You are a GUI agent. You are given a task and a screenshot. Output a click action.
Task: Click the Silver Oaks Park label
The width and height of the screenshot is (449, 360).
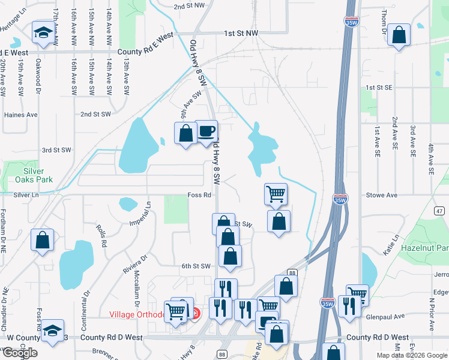tap(30, 175)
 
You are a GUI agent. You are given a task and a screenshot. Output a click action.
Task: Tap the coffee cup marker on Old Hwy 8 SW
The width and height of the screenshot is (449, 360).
tap(206, 131)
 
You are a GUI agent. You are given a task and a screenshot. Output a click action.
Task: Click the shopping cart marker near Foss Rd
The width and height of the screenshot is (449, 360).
tap(276, 194)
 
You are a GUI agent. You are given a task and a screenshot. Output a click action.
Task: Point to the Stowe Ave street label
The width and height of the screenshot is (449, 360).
tap(382, 195)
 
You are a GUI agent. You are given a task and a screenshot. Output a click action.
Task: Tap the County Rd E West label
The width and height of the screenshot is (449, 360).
tap(146, 52)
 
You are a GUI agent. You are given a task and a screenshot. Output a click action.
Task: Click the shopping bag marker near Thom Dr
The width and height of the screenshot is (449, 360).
tap(399, 35)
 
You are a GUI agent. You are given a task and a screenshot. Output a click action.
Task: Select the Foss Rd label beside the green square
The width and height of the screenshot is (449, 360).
tap(199, 195)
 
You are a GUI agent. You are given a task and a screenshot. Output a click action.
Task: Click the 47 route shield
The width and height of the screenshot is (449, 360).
tap(439, 211)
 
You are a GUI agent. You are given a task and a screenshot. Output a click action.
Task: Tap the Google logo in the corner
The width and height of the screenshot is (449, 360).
tap(20, 353)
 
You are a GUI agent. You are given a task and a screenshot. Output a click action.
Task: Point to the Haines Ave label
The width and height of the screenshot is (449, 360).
tap(20, 115)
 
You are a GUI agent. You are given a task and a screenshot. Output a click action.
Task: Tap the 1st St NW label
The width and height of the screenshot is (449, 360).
tap(241, 34)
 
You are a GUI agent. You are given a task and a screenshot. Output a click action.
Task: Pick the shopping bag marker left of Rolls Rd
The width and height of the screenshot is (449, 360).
tap(43, 240)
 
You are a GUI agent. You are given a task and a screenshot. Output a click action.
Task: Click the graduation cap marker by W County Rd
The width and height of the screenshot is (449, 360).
tap(53, 329)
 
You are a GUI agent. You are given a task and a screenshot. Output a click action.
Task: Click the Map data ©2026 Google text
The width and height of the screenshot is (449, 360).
tap(411, 355)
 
